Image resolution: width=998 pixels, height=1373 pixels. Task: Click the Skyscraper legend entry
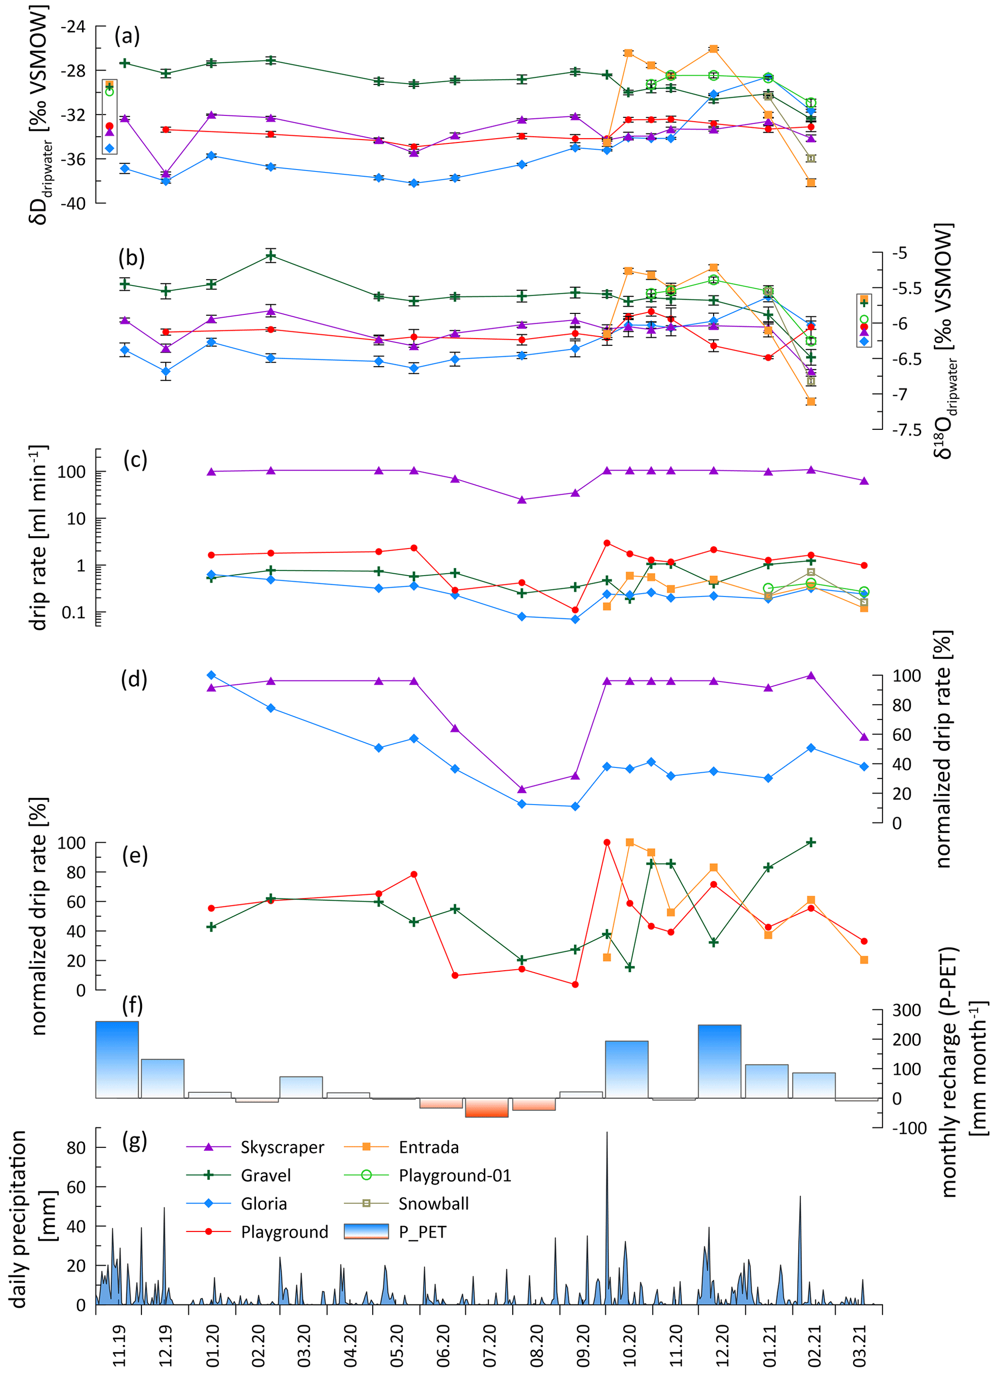282,1147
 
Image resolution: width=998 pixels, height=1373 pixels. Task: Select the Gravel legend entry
266,1175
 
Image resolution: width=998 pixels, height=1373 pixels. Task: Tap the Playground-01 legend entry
454,1175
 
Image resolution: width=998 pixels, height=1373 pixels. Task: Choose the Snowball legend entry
433,1203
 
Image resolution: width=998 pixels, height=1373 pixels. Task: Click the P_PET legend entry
422,1232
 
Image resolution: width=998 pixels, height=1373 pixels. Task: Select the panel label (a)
127,36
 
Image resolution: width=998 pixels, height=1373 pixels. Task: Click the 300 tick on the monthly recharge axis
907,1010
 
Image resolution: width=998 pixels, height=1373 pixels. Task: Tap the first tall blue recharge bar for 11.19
117,1060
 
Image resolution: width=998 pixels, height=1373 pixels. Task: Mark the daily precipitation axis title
30,1217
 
